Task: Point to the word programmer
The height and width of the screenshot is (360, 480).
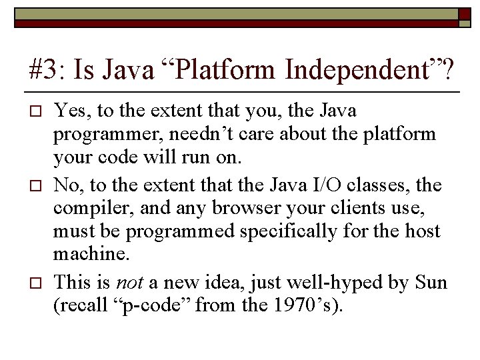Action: coord(107,134)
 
